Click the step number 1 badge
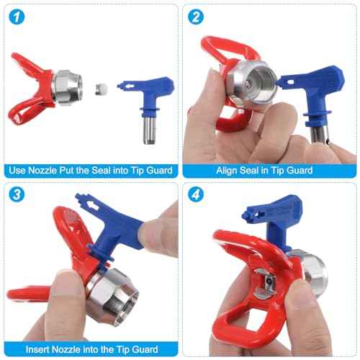[17, 17]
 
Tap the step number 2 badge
[196, 17]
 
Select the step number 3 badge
[17, 194]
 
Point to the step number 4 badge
[196, 194]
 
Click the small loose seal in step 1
[101, 89]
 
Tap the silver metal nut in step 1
[67, 88]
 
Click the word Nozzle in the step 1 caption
[42, 171]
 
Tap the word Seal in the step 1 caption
[101, 171]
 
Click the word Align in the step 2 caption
[227, 171]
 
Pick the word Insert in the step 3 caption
[37, 349]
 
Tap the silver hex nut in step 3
[112, 297]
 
